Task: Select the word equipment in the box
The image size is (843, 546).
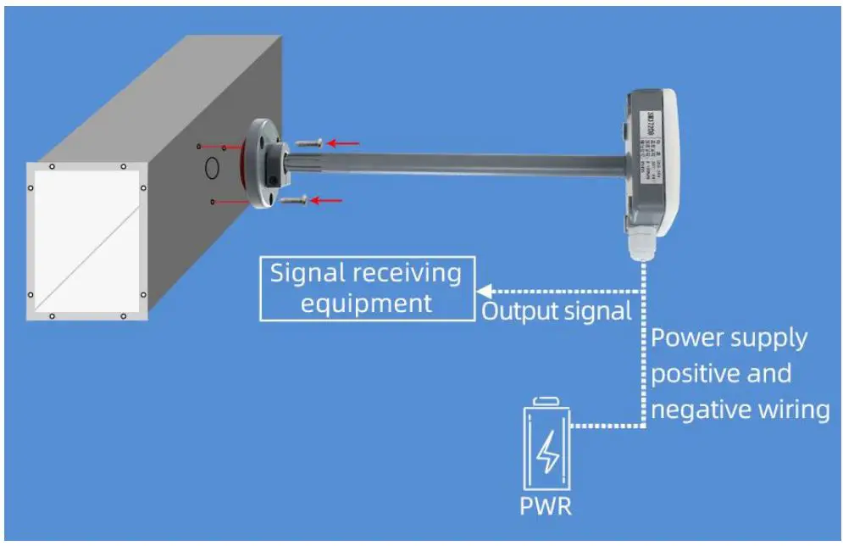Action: pyautogui.click(x=366, y=303)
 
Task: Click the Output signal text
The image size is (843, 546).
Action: pyautogui.click(x=557, y=311)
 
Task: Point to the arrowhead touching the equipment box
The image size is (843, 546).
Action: pyautogui.click(x=482, y=288)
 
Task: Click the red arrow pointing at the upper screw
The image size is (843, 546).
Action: pyautogui.click(x=343, y=143)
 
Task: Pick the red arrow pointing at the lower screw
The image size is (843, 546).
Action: pyautogui.click(x=328, y=200)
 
